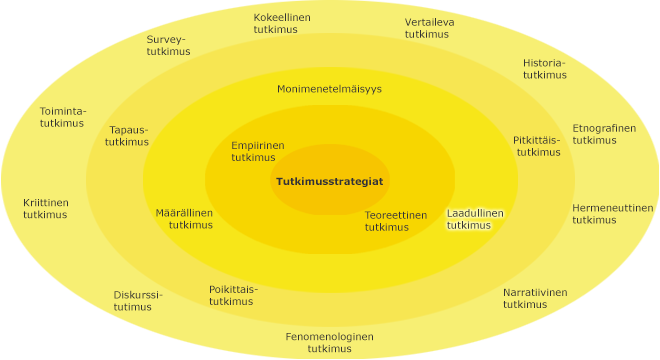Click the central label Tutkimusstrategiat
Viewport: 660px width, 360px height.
329,182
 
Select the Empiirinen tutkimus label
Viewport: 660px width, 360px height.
257,151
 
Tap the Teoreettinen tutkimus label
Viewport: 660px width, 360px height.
395,221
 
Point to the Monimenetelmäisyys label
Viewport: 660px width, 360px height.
329,89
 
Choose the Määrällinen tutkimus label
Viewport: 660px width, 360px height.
184,219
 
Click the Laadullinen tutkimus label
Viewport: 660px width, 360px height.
475,219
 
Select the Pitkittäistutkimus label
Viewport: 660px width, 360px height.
537,146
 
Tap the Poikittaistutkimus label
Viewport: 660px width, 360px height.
233,295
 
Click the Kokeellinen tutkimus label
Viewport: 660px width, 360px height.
282,24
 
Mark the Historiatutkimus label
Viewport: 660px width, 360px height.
544,68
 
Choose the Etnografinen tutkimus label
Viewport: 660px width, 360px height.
603,134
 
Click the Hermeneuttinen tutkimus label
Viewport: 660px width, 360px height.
612,214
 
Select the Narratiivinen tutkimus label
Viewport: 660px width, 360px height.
534,298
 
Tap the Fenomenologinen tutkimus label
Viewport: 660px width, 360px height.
329,343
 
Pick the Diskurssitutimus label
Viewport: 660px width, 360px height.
137,300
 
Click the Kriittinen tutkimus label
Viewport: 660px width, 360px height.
46,208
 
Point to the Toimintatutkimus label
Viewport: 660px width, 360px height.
63,117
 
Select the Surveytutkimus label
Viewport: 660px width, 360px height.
167,46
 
